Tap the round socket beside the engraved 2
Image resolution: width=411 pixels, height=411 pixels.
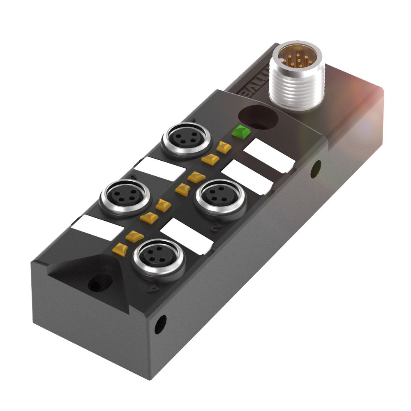point(218,196)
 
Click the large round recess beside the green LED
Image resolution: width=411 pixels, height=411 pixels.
point(258,118)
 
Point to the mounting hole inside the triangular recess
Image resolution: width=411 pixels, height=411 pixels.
point(97,283)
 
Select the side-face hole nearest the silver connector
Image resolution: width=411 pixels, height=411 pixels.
point(315,169)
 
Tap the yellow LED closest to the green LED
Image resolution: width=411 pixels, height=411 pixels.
point(223,147)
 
